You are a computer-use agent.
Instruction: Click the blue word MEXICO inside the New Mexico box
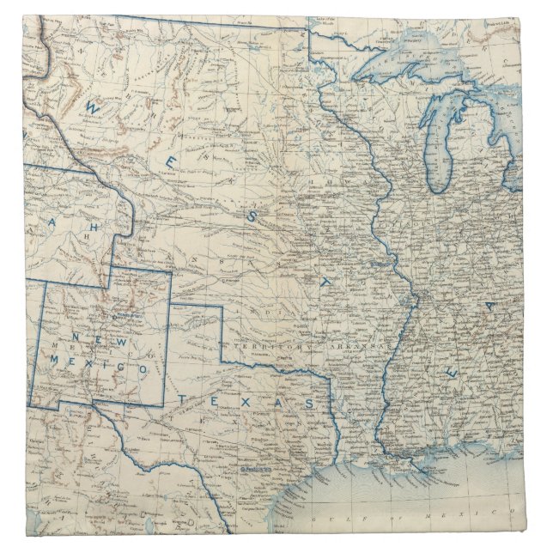coord(112,367)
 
